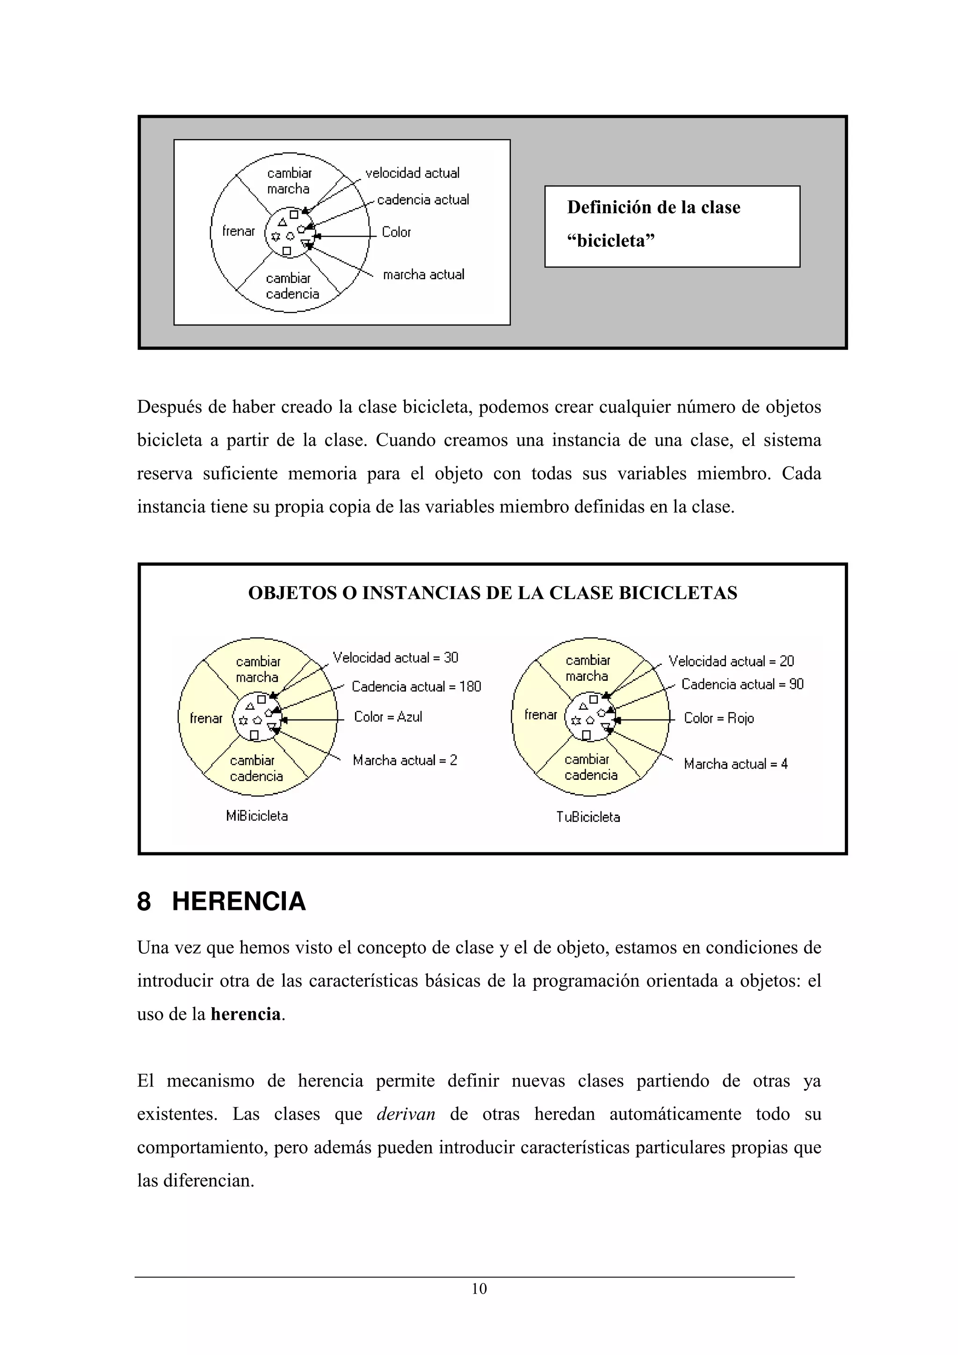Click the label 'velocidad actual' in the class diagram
[412, 173]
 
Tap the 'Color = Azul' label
[388, 716]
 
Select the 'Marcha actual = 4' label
[735, 764]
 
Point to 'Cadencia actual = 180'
[416, 686]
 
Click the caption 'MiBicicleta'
[257, 815]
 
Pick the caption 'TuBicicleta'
[588, 817]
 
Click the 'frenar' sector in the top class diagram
[239, 231]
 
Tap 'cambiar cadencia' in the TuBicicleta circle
[590, 767]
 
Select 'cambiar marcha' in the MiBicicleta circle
[257, 669]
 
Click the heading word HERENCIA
[239, 901]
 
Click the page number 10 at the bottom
[479, 1288]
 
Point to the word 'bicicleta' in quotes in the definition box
[611, 241]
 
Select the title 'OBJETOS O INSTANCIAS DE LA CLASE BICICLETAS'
[492, 592]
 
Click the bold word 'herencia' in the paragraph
[246, 1014]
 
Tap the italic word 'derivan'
[406, 1114]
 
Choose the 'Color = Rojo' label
[718, 718]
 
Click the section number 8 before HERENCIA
[144, 901]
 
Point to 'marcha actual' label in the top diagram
[423, 274]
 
